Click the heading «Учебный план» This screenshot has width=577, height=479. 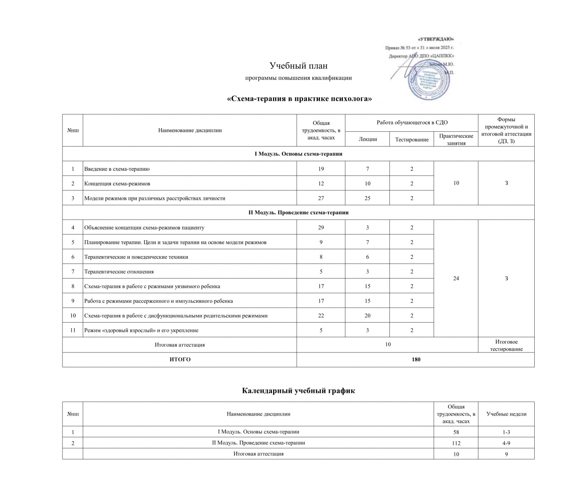point(298,65)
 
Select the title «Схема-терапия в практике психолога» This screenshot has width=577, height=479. point(299,99)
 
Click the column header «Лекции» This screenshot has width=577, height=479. point(367,139)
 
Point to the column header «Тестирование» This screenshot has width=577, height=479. point(412,139)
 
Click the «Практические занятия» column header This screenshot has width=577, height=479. point(456,139)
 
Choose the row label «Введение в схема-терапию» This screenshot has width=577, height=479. point(117,169)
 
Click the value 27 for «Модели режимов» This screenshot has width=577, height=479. point(321,198)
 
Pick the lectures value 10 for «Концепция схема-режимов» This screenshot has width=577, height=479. point(367,184)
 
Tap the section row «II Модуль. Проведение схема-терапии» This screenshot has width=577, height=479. point(298,212)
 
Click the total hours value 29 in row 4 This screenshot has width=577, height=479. point(321,228)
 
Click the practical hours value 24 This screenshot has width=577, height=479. point(456,278)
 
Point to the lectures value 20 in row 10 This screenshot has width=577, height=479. point(367,316)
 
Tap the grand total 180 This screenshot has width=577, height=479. point(416,360)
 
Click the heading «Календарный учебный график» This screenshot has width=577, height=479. point(298,391)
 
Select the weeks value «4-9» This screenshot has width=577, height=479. point(506,443)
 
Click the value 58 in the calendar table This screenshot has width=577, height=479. point(456,432)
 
